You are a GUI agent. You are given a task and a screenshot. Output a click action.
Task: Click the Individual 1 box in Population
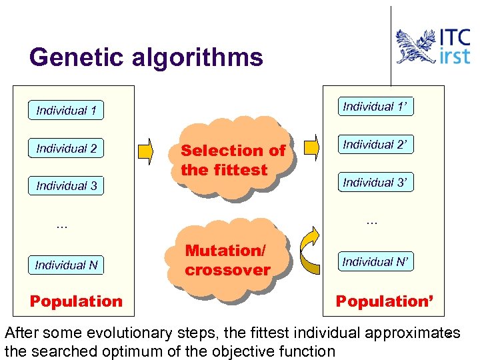[x=67, y=110]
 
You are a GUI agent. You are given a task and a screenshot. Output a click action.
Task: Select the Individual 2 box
[x=67, y=148]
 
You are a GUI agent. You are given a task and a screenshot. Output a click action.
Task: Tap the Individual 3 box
[x=67, y=185]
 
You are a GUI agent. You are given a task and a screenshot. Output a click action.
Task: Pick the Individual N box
[x=67, y=265]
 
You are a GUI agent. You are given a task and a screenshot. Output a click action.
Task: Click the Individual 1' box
[x=375, y=106]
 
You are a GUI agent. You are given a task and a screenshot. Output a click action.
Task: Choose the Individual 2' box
[x=375, y=144]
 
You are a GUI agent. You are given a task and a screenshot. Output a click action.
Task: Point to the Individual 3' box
[x=375, y=182]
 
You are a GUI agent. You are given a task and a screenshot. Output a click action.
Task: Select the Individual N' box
[x=375, y=261]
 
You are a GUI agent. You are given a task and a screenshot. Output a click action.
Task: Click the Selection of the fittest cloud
[x=232, y=159]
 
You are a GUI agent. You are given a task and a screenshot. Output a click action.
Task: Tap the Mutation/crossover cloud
[x=227, y=260]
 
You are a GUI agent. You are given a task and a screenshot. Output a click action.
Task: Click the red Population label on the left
[x=76, y=301]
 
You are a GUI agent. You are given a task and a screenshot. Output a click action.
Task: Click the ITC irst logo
[x=433, y=46]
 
